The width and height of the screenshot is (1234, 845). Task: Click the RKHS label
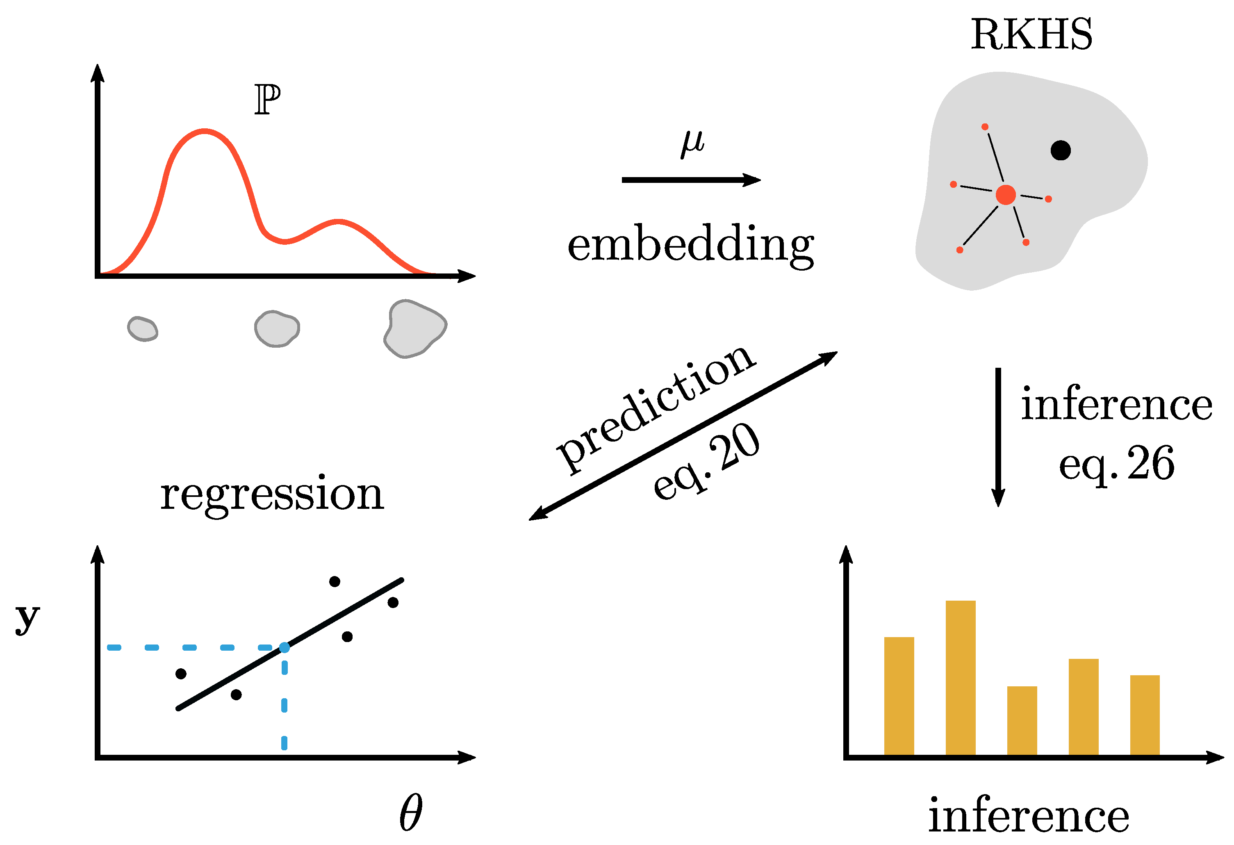(1031, 35)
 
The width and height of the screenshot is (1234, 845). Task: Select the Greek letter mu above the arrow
(692, 143)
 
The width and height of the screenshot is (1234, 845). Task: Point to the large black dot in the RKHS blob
(1060, 150)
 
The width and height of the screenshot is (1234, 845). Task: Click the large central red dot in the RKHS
(1006, 195)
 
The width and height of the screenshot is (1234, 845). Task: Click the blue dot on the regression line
(285, 647)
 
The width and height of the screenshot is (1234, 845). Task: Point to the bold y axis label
(27, 618)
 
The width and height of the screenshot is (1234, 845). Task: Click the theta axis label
(410, 812)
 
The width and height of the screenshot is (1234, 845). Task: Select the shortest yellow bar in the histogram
(1022, 720)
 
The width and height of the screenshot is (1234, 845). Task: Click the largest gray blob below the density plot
(415, 329)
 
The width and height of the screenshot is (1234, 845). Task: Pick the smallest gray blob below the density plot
(143, 329)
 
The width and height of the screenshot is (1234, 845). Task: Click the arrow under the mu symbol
(691, 180)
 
